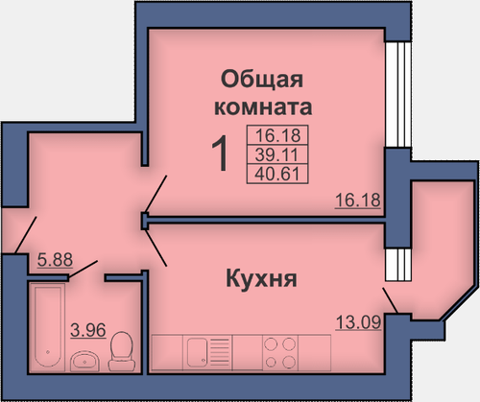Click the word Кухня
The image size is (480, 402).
[x=261, y=278]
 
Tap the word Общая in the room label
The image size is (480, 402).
[x=262, y=80]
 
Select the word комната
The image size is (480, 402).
[x=263, y=107]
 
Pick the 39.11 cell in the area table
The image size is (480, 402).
[x=277, y=155]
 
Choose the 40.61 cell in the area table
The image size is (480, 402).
[x=277, y=175]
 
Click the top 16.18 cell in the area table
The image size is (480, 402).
[x=277, y=135]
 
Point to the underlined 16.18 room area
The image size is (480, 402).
[x=358, y=201]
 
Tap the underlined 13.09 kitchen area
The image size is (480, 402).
[x=358, y=322]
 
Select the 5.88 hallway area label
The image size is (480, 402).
[x=55, y=260]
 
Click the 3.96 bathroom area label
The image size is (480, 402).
[x=88, y=330]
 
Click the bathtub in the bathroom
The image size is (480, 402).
[x=48, y=327]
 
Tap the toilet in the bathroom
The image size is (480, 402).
[x=121, y=351]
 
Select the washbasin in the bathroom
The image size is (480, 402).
[x=84, y=361]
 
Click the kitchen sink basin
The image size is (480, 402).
[x=197, y=352]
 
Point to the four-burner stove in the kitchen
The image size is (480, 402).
[x=280, y=353]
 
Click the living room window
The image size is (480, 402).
[x=397, y=95]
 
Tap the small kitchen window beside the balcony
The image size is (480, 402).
[x=397, y=265]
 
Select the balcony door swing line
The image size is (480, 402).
[x=391, y=300]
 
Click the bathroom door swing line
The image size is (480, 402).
[x=84, y=270]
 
